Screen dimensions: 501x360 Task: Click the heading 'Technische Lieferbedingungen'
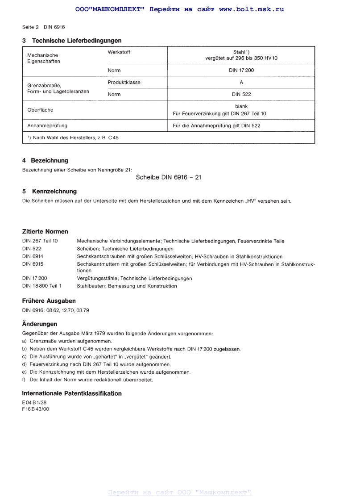point(77,41)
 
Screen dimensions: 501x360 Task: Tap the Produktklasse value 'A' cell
point(241,82)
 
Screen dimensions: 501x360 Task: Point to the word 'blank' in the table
point(241,106)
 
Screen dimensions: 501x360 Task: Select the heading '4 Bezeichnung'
point(45,160)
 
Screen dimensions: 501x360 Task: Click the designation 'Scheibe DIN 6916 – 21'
point(168,177)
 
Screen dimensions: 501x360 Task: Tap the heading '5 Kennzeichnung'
point(49,192)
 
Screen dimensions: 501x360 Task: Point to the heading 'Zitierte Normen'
point(45,231)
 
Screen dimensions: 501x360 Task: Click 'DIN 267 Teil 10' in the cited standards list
point(40,241)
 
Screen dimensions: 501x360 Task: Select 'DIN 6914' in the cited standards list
point(33,256)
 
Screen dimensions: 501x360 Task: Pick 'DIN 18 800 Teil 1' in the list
point(42,286)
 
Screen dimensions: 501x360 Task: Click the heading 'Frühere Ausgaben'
point(49,301)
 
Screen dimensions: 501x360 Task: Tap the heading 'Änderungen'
point(40,324)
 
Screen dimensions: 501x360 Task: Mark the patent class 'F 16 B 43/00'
point(36,409)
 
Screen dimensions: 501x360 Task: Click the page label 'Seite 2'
point(30,27)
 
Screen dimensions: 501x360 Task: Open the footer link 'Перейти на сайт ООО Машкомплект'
point(180,493)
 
